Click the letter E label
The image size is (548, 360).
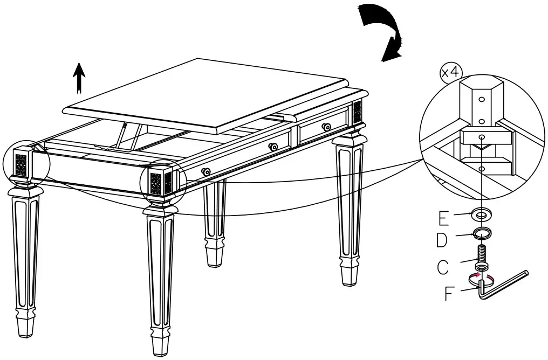tap(443, 218)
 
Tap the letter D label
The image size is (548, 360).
tap(442, 240)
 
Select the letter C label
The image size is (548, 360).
tap(442, 267)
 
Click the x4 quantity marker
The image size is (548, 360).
tap(450, 73)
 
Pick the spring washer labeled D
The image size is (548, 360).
tap(482, 233)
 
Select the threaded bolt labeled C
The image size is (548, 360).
tap(481, 258)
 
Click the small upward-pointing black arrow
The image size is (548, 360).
tap(79, 78)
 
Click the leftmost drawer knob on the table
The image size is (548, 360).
tap(206, 171)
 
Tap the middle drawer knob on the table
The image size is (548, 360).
tap(273, 147)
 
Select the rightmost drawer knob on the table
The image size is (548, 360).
tap(326, 127)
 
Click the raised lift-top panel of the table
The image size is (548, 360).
tap(206, 95)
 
